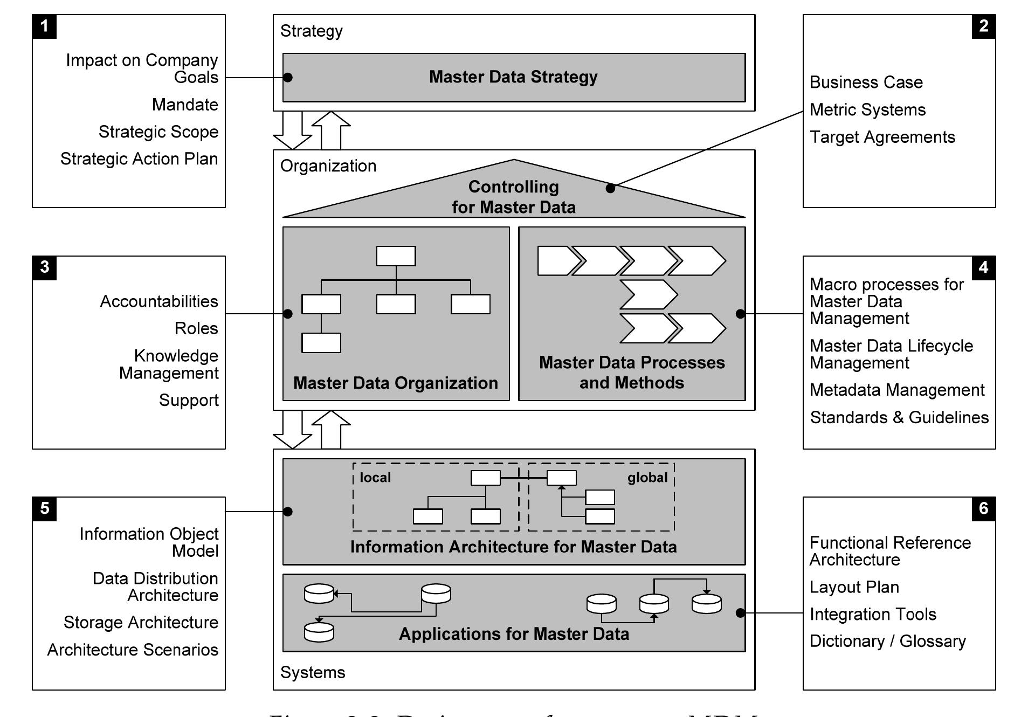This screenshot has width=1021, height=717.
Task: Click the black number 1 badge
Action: pos(44,26)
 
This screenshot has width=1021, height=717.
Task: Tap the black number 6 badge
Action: pos(983,508)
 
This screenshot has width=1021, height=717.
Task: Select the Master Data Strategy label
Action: pos(513,77)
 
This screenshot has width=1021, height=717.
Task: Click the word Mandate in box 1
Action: pos(185,105)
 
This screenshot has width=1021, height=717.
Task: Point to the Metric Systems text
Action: pos(867,110)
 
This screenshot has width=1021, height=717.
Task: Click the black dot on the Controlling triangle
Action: pos(610,188)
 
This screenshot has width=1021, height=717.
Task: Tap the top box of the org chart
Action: pos(396,256)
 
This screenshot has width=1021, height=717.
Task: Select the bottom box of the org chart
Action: pos(321,343)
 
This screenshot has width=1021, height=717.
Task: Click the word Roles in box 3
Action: pos(196,328)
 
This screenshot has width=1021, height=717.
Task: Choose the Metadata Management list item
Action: pos(896,390)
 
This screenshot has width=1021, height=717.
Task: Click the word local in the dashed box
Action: pos(375,478)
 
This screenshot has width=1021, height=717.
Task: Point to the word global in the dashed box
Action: pos(647,478)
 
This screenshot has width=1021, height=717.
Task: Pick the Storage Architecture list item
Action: pos(141,622)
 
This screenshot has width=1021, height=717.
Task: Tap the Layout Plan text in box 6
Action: pos(854,587)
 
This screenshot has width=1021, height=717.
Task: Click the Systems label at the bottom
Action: pos(313,672)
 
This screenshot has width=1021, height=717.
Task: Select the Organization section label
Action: pos(328,166)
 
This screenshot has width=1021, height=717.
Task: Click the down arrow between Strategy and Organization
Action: pos(292,132)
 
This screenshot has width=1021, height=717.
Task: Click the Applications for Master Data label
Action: pos(514,634)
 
